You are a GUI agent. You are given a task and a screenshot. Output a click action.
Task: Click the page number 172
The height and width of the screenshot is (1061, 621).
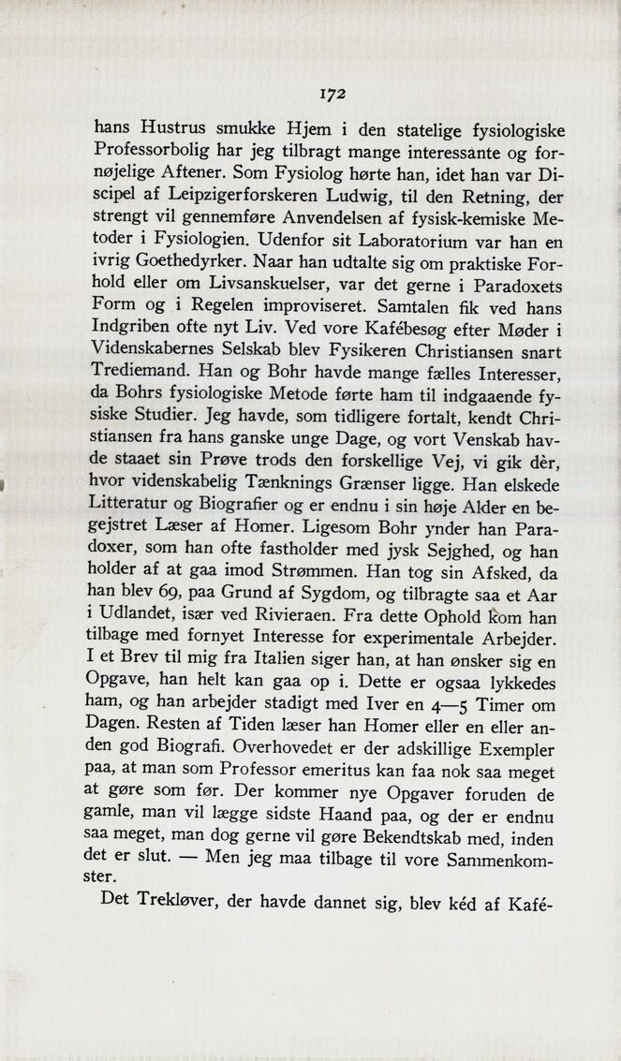333,94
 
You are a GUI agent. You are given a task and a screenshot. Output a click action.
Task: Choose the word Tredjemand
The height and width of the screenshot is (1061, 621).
145,372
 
